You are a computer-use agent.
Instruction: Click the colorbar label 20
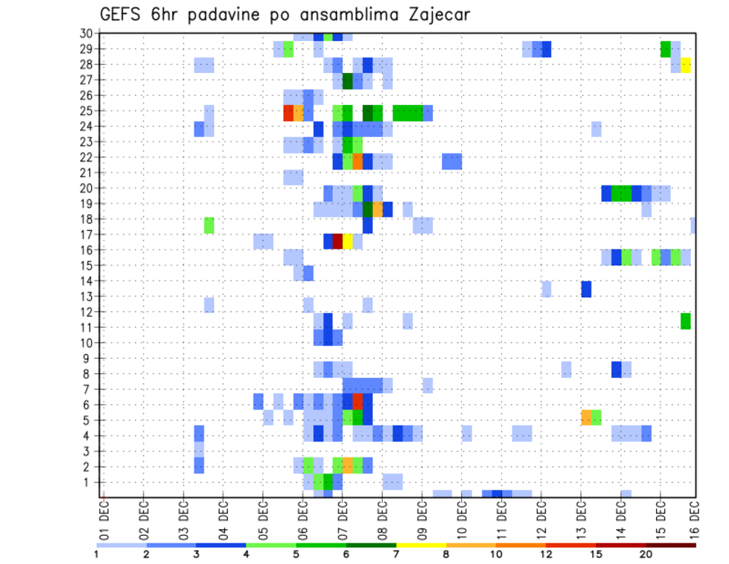point(645,555)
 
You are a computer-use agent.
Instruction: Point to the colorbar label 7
point(396,555)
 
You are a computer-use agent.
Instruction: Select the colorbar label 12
point(546,555)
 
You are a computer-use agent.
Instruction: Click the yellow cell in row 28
point(686,65)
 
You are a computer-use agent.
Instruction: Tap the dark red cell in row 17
point(338,241)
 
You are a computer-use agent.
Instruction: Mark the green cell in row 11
point(686,321)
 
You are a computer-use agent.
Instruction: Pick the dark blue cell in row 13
point(586,289)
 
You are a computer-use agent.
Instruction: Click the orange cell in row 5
point(586,417)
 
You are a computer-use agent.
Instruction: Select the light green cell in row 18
point(209,226)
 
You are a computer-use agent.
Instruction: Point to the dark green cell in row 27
point(348,81)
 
